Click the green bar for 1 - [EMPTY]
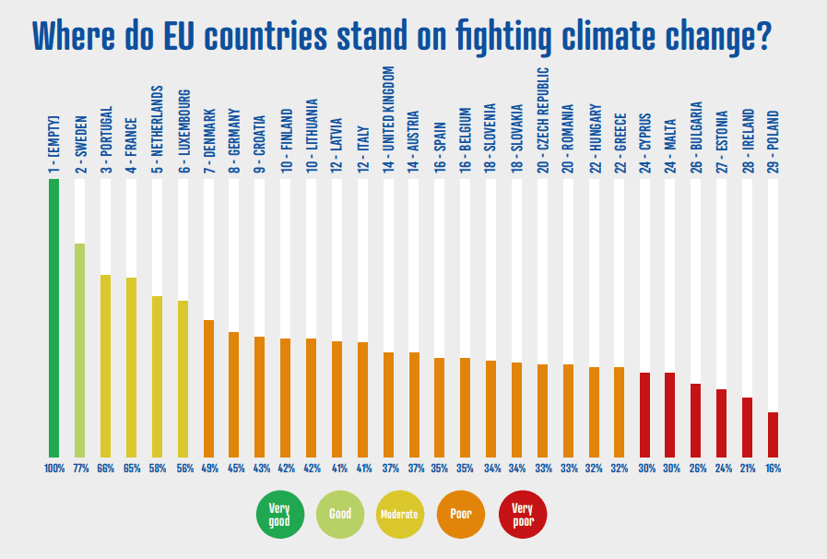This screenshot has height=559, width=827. [x=53, y=317]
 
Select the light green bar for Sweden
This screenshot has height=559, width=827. [x=79, y=350]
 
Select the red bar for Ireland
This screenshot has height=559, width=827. [x=747, y=426]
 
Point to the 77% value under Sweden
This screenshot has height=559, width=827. [x=79, y=469]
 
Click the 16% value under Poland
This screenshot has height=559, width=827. [x=773, y=469]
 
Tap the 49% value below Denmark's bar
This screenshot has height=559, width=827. [x=208, y=469]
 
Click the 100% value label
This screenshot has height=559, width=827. [x=53, y=469]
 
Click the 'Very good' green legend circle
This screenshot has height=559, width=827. [x=278, y=514]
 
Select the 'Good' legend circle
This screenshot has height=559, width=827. [x=339, y=514]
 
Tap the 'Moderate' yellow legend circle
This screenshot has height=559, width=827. [x=400, y=514]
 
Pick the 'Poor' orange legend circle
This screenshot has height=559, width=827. [x=461, y=514]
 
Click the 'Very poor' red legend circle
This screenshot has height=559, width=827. [x=522, y=514]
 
